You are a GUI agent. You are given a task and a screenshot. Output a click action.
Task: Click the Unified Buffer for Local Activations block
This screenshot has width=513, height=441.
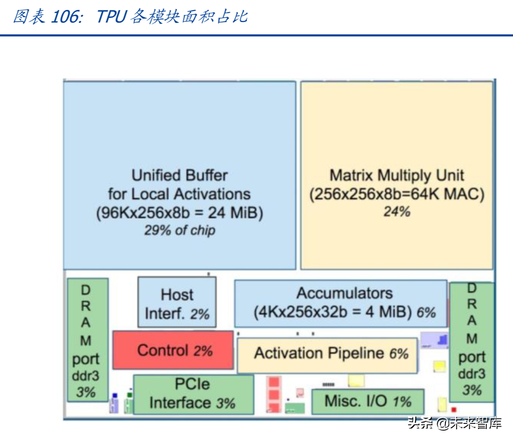[x=179, y=135]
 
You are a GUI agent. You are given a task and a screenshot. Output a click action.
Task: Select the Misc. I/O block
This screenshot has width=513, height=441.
[x=367, y=401]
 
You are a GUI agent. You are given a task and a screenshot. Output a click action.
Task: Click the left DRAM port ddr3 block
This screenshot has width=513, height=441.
[x=87, y=340]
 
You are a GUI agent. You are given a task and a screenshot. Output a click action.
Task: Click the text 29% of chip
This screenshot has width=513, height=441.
[x=179, y=230]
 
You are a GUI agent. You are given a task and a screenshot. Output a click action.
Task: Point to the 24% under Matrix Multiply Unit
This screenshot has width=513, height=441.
[x=397, y=211]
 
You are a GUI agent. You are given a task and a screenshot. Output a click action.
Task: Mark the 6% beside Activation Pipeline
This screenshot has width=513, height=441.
[x=398, y=354]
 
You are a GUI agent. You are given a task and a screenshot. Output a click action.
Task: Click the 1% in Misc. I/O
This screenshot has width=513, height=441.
[x=402, y=401]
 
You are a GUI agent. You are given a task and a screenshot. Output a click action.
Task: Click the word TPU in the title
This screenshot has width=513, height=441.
[x=111, y=17]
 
